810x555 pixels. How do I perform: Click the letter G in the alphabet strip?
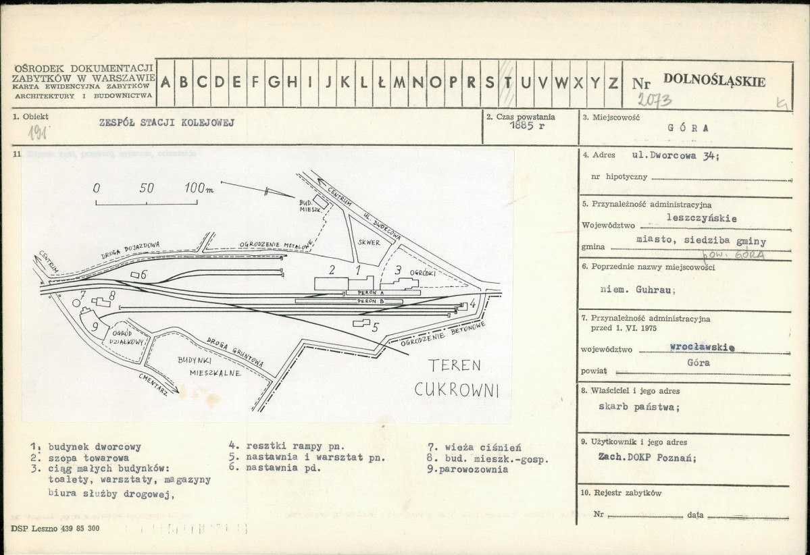pyautogui.click(x=274, y=82)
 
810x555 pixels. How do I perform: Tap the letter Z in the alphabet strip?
pyautogui.click(x=613, y=82)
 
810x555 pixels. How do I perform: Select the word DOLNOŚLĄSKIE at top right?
pyautogui.click(x=715, y=82)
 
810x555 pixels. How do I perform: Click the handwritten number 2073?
pyautogui.click(x=654, y=101)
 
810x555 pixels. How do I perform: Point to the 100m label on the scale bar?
pyautogui.click(x=199, y=188)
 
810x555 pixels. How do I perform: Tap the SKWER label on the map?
pyautogui.click(x=370, y=241)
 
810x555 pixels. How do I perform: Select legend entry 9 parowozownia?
pyautogui.click(x=472, y=469)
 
